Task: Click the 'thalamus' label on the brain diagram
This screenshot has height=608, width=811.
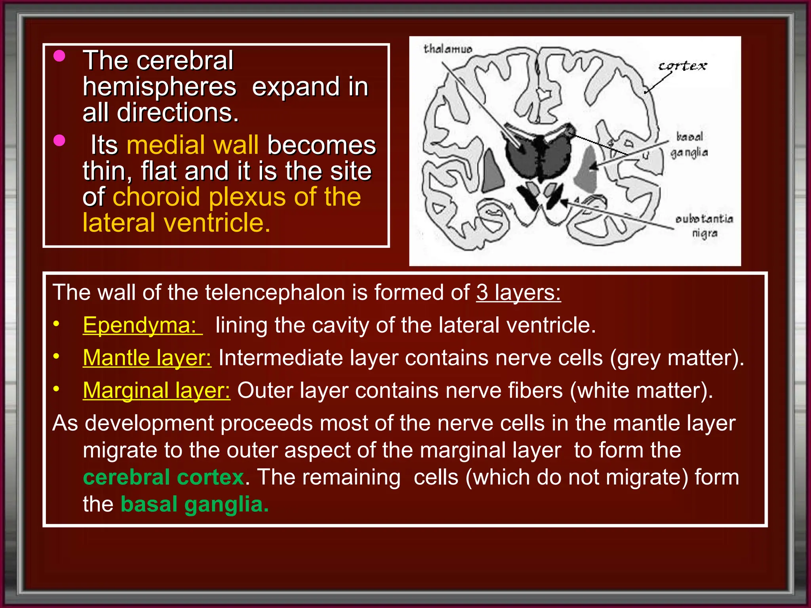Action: [447, 49]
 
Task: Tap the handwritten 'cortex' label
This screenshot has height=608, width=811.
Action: [682, 66]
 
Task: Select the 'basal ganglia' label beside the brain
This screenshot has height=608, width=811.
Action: [689, 144]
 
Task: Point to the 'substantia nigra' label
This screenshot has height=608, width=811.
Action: [704, 226]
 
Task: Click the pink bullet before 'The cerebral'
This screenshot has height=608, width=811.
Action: [59, 56]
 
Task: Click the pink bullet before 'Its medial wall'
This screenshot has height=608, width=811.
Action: [59, 141]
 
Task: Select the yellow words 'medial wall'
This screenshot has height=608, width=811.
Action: [192, 145]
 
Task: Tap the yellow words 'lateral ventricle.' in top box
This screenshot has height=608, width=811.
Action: [176, 223]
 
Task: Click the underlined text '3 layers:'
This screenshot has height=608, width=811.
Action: [518, 293]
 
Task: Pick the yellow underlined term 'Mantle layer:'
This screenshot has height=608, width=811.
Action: [147, 358]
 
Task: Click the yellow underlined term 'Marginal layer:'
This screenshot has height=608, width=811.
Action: [156, 391]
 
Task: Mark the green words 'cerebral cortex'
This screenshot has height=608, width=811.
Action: [164, 477]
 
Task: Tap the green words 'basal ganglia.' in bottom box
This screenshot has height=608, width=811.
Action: [194, 505]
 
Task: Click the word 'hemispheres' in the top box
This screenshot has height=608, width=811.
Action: [159, 87]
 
